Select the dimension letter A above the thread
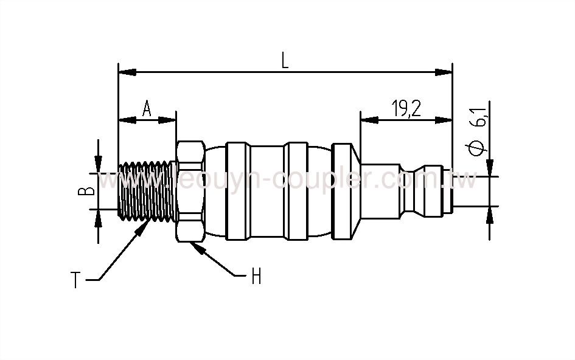(147, 109)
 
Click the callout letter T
(75, 280)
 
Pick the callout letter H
(256, 277)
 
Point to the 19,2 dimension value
(406, 109)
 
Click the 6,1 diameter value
(481, 116)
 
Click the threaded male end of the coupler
(146, 190)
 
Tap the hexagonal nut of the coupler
(190, 191)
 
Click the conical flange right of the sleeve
(344, 191)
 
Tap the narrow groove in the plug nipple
(408, 191)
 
